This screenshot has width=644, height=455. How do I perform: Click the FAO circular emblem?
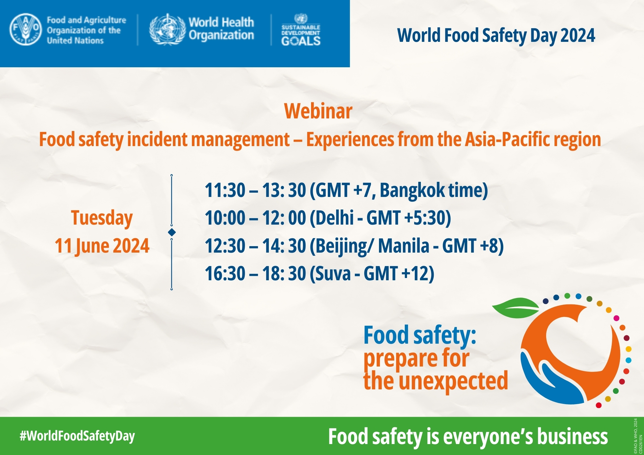pos(26,30)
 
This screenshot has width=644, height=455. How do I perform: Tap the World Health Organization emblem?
pos(167,29)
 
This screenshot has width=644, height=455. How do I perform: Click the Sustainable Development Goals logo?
pos(301,30)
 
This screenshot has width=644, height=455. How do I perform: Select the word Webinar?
pos(318,111)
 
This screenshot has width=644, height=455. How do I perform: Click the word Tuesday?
pos(102,218)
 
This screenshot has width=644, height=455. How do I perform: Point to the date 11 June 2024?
pos(102,246)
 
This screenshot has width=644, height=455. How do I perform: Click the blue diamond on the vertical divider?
pos(172,232)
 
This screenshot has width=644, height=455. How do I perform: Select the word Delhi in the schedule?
pos(335,218)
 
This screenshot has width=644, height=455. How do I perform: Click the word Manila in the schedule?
pos(404,246)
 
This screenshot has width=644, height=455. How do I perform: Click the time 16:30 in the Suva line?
pos(225,274)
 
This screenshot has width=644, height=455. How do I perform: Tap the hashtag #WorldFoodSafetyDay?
pos(77,436)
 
